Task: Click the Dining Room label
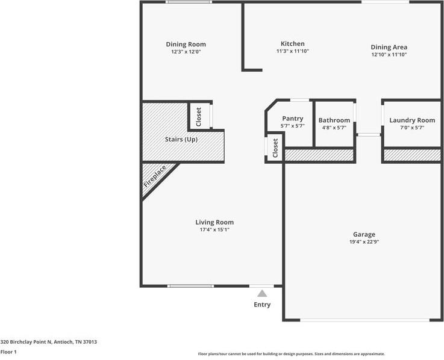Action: pos(186,44)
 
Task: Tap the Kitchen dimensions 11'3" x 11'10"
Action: pos(292,51)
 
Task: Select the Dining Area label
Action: pos(389,47)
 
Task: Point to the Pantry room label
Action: pos(292,119)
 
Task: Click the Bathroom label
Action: pos(334,120)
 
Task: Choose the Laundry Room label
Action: pos(411,120)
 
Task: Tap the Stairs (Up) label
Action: pos(181,140)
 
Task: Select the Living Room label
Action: pos(214,222)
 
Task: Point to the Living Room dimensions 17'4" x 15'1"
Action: pos(214,229)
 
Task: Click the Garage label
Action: pos(364,234)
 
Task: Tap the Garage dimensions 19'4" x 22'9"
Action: pos(364,241)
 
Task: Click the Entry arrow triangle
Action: pos(262,294)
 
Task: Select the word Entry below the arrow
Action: pos(262,305)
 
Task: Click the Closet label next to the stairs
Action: pos(199,116)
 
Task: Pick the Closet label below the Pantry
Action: pos(275,148)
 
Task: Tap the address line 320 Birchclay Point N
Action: pos(48,341)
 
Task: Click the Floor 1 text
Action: pos(8,352)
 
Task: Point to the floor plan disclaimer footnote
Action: pos(291,354)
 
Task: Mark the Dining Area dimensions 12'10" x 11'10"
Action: pos(389,55)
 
